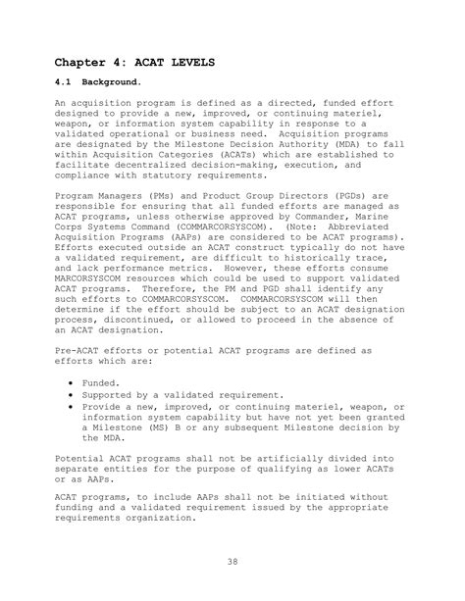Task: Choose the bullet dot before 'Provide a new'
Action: (x=75, y=406)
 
